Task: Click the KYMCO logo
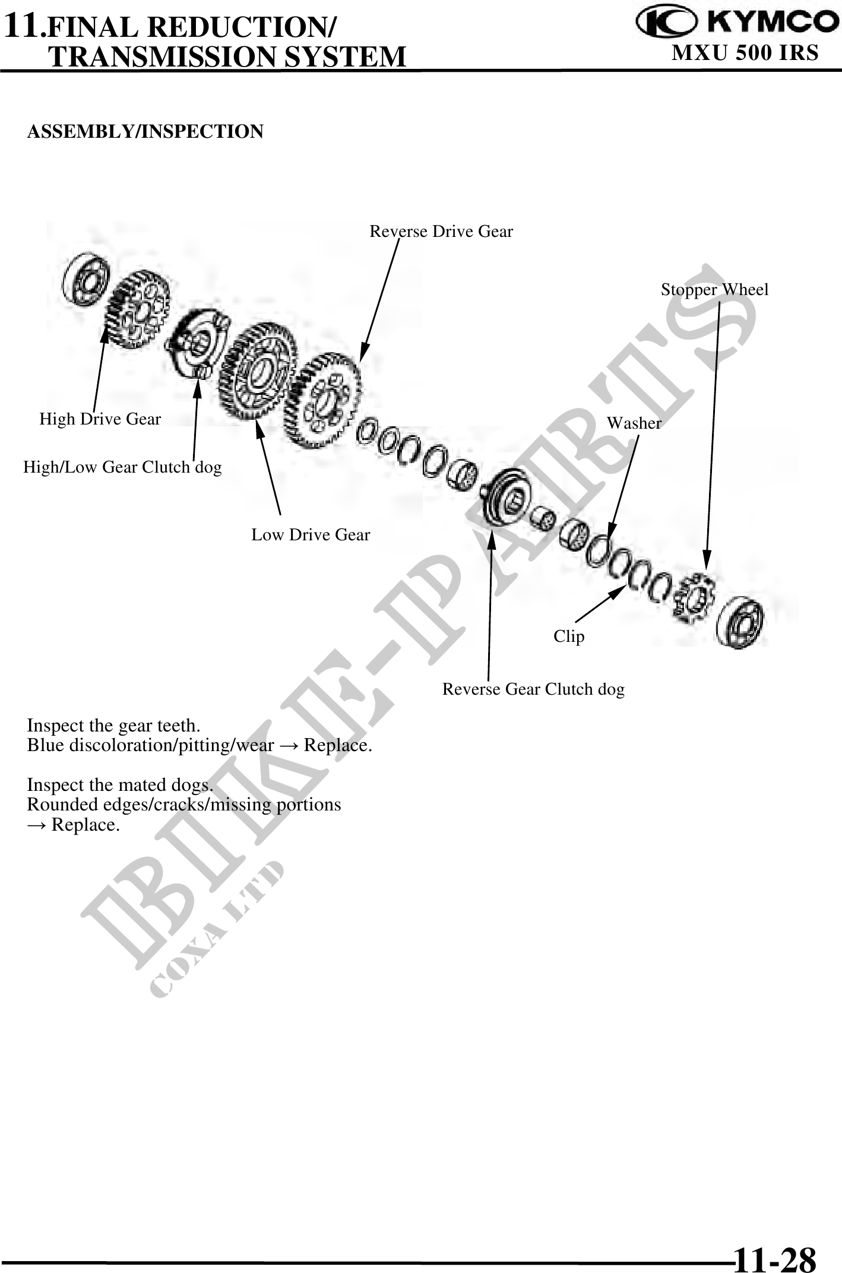736,23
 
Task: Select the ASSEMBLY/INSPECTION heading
145,131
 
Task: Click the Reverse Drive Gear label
441,231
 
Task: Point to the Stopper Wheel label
714,290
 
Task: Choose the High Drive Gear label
100,419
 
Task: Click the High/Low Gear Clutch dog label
122,467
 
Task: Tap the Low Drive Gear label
311,535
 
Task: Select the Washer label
634,423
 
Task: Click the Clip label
569,636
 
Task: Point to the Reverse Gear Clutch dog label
533,689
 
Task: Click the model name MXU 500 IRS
745,53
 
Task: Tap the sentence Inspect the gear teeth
113,726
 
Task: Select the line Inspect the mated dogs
119,785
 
